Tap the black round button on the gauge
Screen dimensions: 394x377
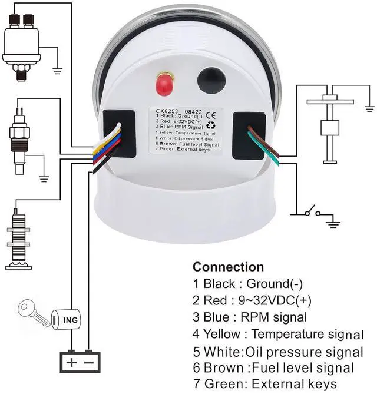211,80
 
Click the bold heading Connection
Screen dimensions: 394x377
228,267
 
